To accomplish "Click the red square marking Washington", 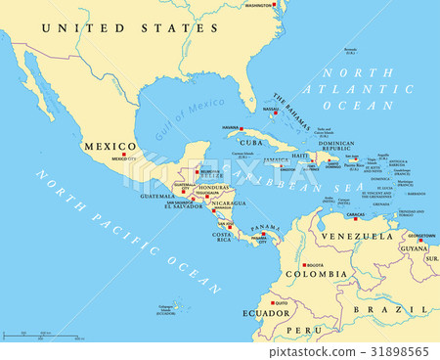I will pyautogui.click(x=275, y=6).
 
